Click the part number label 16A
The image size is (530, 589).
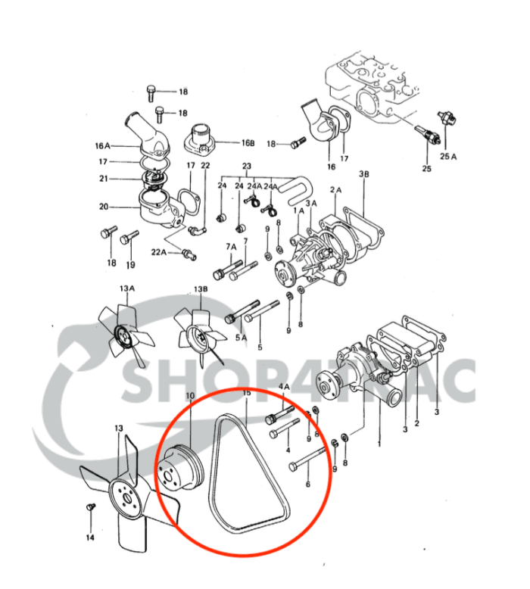pyautogui.click(x=102, y=145)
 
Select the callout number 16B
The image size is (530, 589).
pyautogui.click(x=248, y=142)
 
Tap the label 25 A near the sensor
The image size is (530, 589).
pyautogui.click(x=449, y=156)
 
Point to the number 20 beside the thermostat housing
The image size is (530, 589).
pyautogui.click(x=104, y=206)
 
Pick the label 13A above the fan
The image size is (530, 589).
pyautogui.click(x=126, y=288)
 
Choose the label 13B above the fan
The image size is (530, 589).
pyautogui.click(x=201, y=288)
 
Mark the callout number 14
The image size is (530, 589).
pyautogui.click(x=90, y=538)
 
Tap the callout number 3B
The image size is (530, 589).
pyautogui.click(x=364, y=174)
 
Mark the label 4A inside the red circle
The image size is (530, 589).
pyautogui.click(x=286, y=387)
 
